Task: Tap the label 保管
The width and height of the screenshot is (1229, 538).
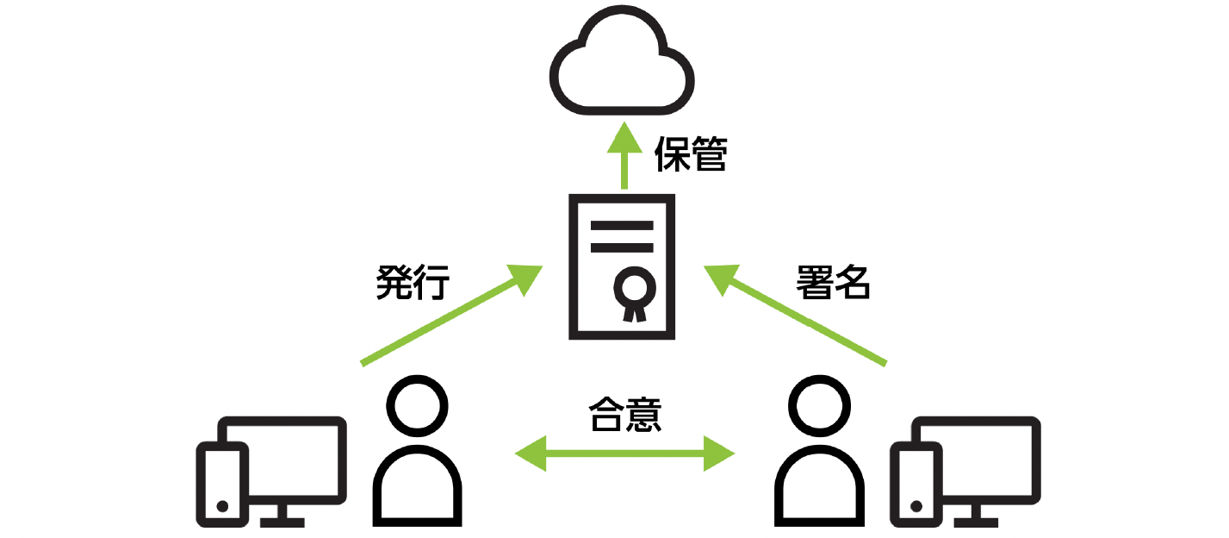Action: (x=691, y=155)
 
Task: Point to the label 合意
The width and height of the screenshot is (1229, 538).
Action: (x=624, y=414)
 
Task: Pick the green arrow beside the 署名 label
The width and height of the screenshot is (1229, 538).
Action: (x=797, y=316)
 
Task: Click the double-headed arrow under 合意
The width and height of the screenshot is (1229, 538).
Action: (x=624, y=453)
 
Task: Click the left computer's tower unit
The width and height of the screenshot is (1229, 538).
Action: (x=223, y=483)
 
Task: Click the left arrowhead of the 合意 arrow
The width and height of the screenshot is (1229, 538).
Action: (x=529, y=453)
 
